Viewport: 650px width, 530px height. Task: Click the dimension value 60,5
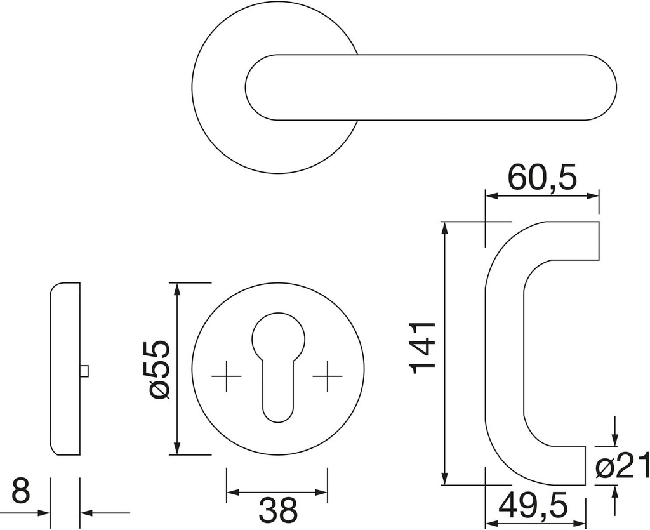click(x=542, y=178)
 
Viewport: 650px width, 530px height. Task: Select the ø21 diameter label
click(x=623, y=467)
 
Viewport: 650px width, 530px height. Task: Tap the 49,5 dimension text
click(x=533, y=506)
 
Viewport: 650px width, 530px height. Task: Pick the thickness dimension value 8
click(x=21, y=491)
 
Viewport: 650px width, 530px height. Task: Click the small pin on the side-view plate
click(x=84, y=371)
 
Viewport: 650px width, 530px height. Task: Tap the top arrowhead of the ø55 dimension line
click(x=177, y=288)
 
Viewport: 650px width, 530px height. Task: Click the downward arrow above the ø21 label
click(x=614, y=440)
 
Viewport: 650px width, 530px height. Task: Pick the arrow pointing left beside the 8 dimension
click(x=88, y=513)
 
